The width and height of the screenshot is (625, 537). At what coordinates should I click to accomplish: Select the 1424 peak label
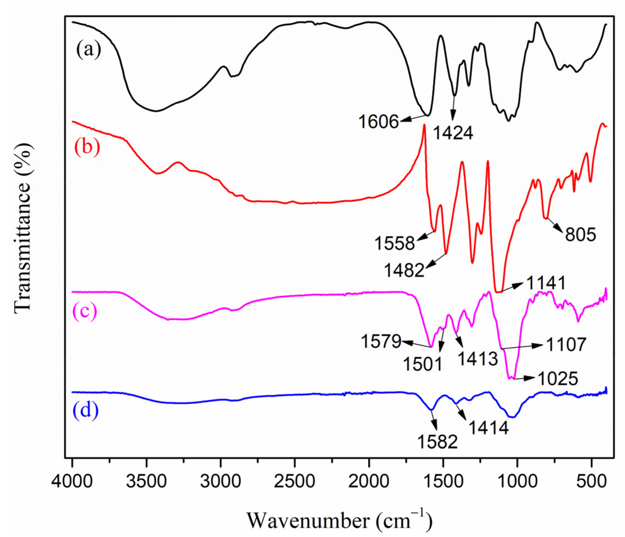(x=453, y=133)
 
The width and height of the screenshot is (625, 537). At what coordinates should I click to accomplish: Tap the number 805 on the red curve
(x=580, y=235)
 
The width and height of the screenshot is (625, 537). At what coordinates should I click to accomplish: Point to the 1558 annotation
(x=394, y=243)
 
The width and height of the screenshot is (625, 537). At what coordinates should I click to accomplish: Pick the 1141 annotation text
(x=546, y=283)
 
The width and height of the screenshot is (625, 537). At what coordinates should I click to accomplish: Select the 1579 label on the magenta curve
(x=381, y=342)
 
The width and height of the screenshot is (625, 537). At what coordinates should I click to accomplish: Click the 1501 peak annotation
(x=422, y=364)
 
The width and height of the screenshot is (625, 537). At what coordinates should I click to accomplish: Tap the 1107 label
(x=566, y=344)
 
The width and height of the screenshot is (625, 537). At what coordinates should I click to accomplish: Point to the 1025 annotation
(x=558, y=379)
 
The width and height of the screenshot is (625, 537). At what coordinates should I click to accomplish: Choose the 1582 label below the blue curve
(x=437, y=442)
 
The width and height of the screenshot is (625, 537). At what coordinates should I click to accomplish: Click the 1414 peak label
(x=488, y=428)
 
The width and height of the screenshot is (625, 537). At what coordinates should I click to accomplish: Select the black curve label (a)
(x=88, y=50)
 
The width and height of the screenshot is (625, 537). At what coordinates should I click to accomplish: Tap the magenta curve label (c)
(x=85, y=311)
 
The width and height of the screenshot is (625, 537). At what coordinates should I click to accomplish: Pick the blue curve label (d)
(x=86, y=410)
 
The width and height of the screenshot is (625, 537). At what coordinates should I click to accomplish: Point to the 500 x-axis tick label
(x=592, y=481)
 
